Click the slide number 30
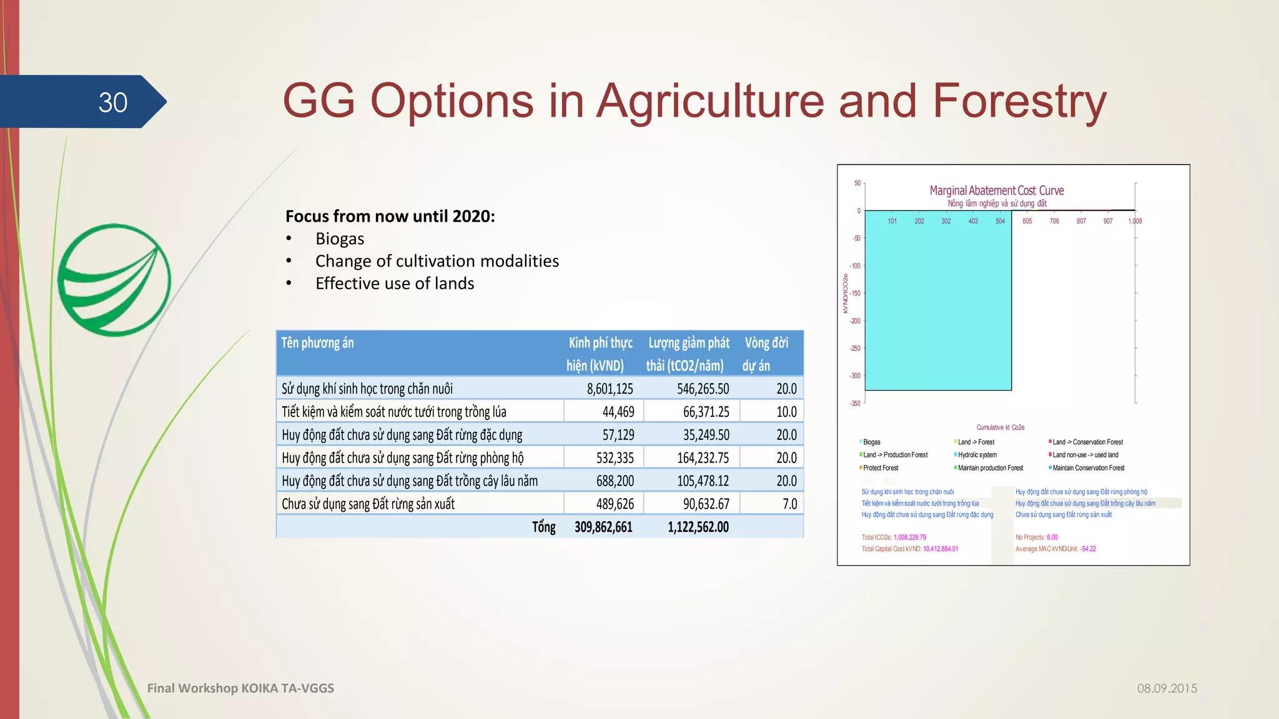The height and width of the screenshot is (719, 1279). (x=113, y=102)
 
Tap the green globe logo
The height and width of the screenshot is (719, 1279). (x=114, y=280)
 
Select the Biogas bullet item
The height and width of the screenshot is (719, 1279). (x=339, y=239)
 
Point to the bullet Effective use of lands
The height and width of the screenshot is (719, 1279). (x=394, y=283)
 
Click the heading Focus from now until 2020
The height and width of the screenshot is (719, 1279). (x=390, y=216)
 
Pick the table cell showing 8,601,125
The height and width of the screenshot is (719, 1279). (x=610, y=389)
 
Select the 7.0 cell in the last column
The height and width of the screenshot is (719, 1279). (x=789, y=504)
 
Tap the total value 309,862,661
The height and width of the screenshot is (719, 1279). (x=603, y=527)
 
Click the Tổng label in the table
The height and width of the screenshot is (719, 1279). (x=543, y=527)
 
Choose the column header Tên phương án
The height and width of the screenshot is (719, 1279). (x=317, y=343)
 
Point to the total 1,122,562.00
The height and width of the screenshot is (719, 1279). (x=698, y=527)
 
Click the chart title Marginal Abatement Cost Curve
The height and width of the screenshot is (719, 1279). (x=996, y=190)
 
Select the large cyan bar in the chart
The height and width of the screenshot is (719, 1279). (x=937, y=300)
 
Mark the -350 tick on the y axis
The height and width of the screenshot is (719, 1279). (x=855, y=403)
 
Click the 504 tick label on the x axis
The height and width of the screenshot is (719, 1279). (x=1000, y=221)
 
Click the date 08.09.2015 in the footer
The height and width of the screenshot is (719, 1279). (x=1167, y=688)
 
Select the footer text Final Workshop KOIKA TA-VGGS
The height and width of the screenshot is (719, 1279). (x=240, y=688)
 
